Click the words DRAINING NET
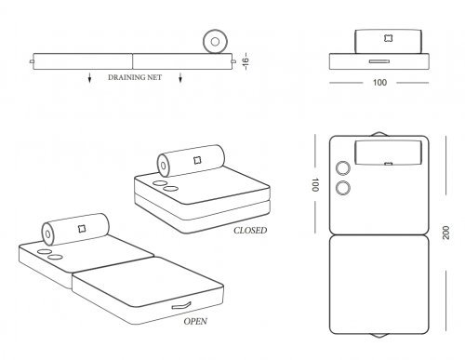135,77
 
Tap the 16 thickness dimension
246,61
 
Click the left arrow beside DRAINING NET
89,77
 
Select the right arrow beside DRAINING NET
180,77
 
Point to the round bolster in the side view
215,42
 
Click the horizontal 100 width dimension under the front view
379,83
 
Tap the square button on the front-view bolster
388,38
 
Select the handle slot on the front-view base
379,61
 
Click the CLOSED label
250,231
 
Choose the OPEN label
195,321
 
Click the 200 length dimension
445,233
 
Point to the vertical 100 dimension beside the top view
314,185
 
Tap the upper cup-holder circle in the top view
343,168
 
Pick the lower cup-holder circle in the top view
343,188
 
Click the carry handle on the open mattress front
181,306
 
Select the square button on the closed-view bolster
197,160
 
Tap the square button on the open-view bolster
82,229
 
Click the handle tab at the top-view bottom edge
379,335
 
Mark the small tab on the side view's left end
32,61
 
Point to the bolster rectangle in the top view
389,153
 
